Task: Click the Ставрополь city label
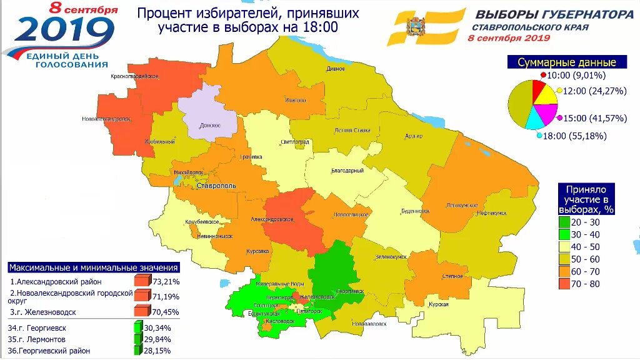pyautogui.click(x=216, y=186)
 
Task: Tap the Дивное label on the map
pyautogui.click(x=336, y=69)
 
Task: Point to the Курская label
pyautogui.click(x=439, y=304)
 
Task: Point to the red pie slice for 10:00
pyautogui.click(x=538, y=92)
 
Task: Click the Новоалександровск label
pyautogui.click(x=106, y=119)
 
